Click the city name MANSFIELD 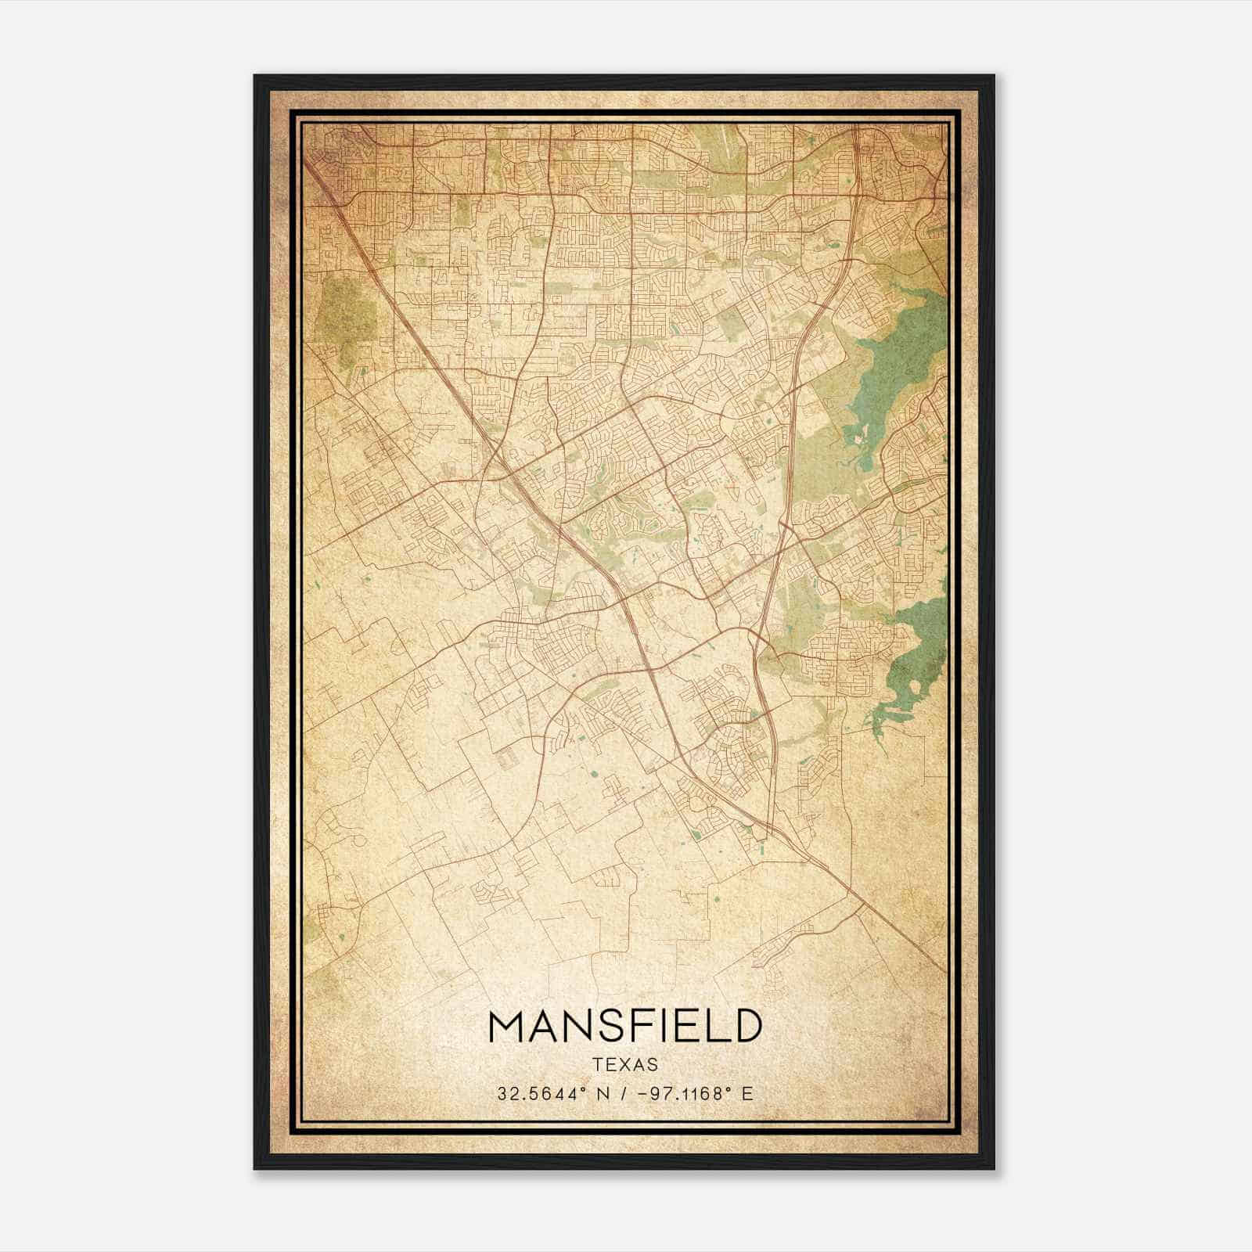point(624,1027)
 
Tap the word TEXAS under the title point(625,1065)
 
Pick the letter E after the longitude point(747,1094)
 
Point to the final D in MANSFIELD point(747,1027)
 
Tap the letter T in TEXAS point(598,1065)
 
